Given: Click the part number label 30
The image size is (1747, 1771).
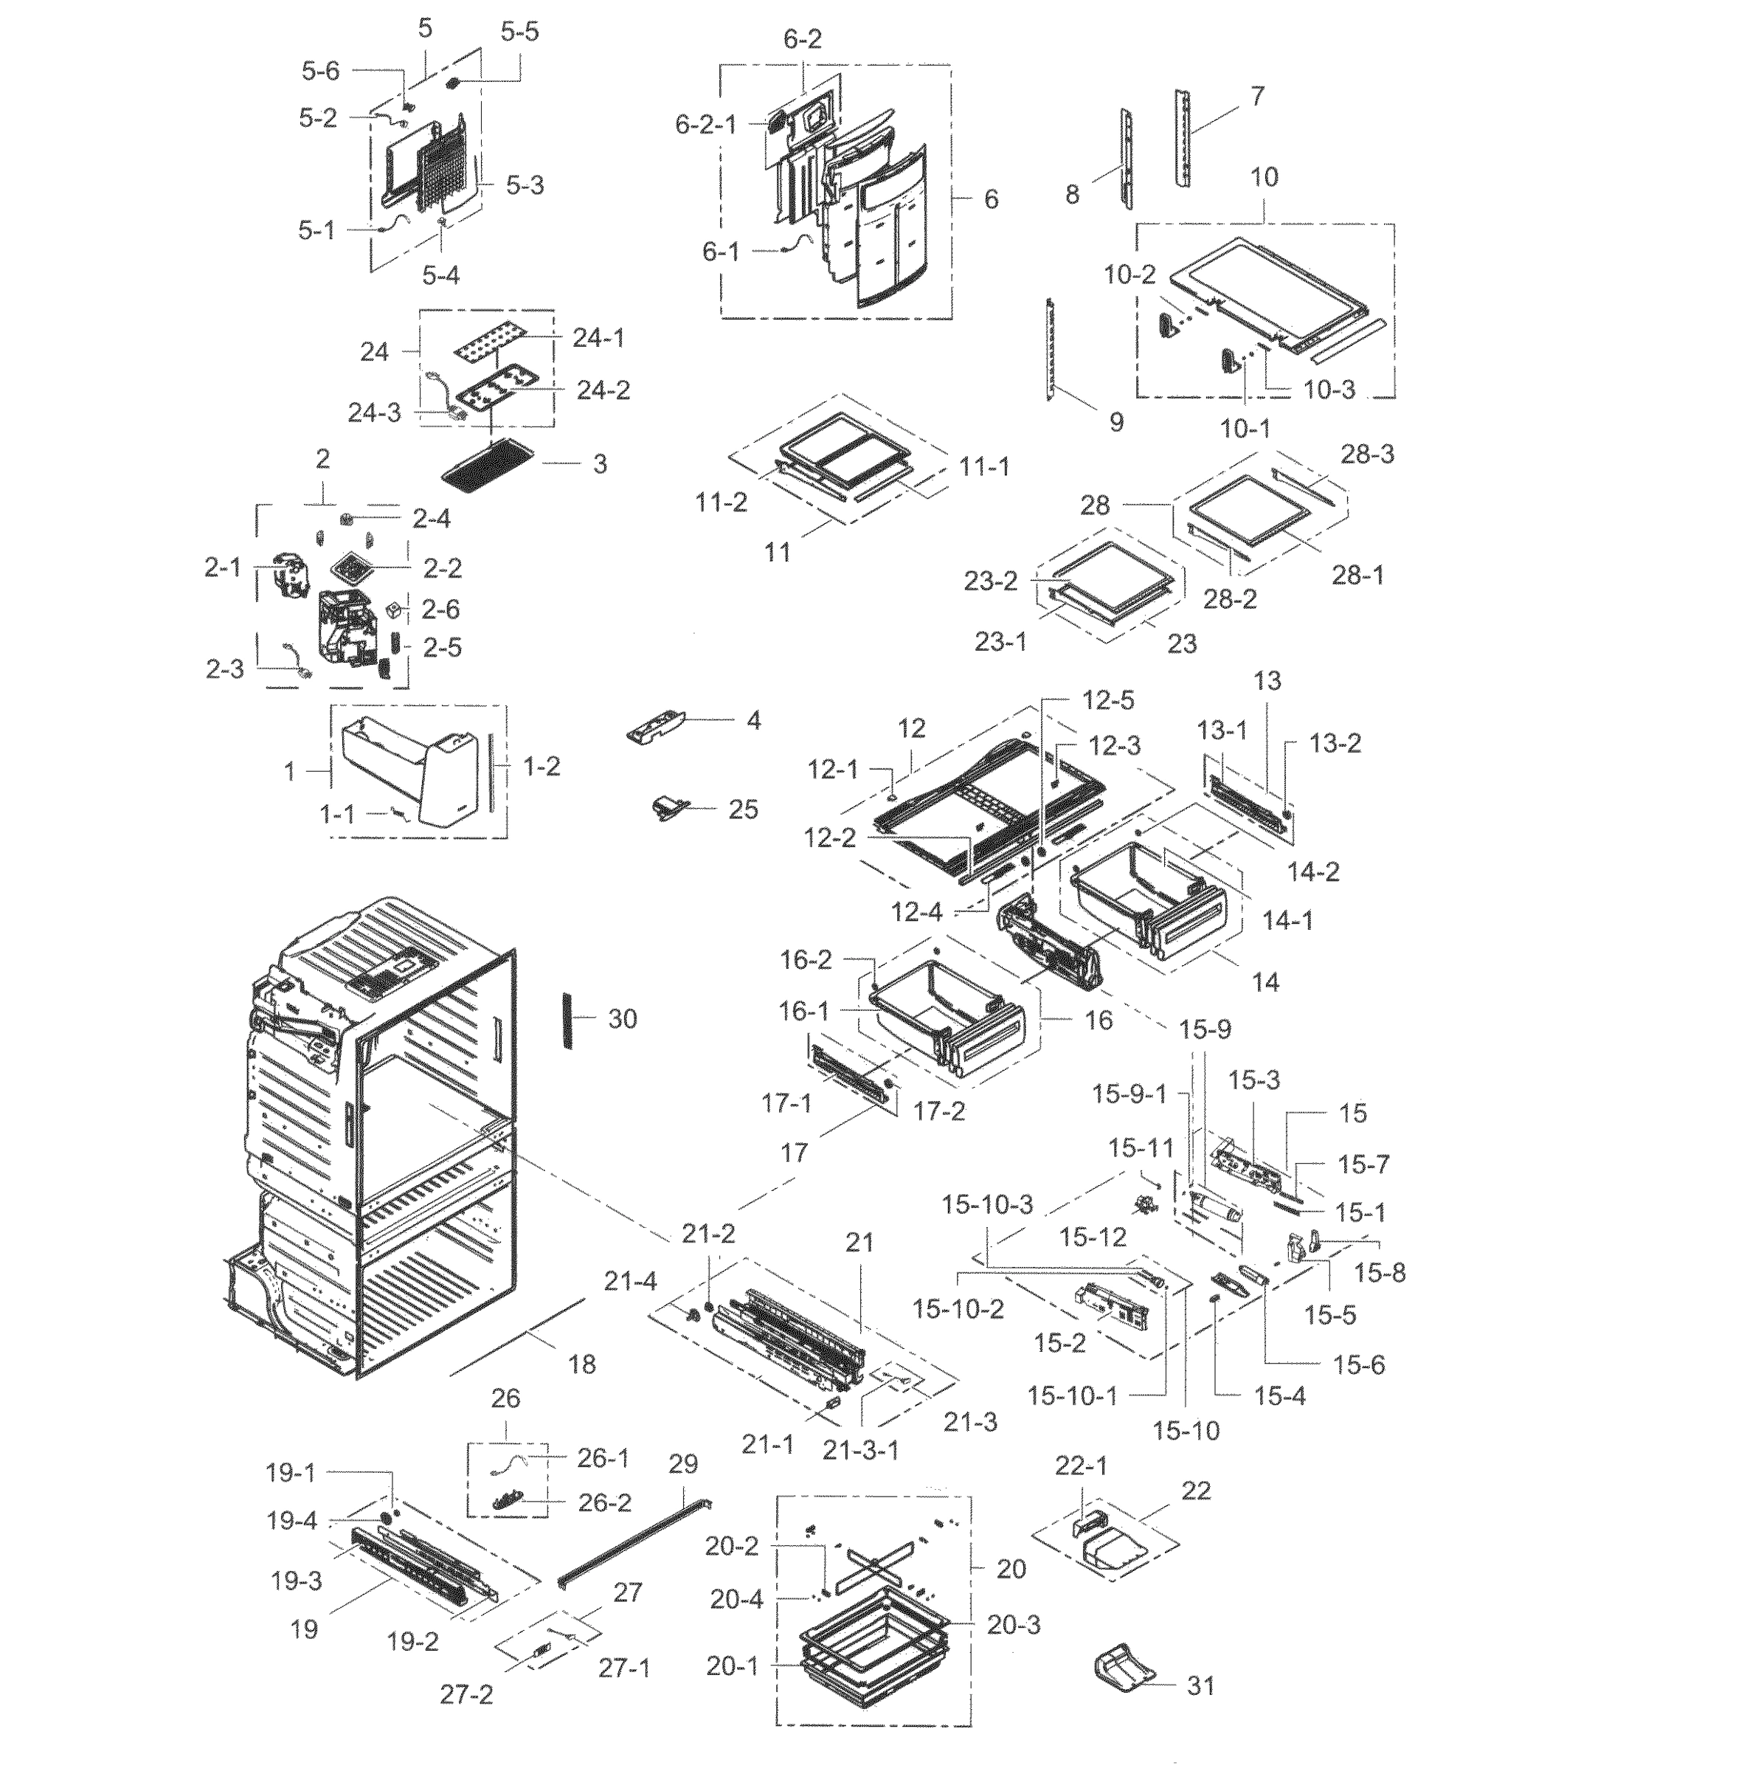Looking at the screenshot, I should click(623, 1018).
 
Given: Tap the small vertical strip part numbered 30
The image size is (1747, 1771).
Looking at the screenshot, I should click(568, 1018).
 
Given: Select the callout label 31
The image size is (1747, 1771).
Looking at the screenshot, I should click(1201, 1685).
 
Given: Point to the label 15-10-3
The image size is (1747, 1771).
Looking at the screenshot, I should click(987, 1204).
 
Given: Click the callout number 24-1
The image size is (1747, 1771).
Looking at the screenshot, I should click(598, 337).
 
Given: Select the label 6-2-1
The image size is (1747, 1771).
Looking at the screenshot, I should click(706, 125).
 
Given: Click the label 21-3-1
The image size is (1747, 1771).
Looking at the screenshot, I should click(861, 1450).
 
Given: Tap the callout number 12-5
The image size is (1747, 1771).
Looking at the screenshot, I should click(1107, 700).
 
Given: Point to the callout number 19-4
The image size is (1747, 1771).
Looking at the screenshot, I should click(291, 1521).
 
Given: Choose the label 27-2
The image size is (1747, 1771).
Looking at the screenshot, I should click(466, 1694).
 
